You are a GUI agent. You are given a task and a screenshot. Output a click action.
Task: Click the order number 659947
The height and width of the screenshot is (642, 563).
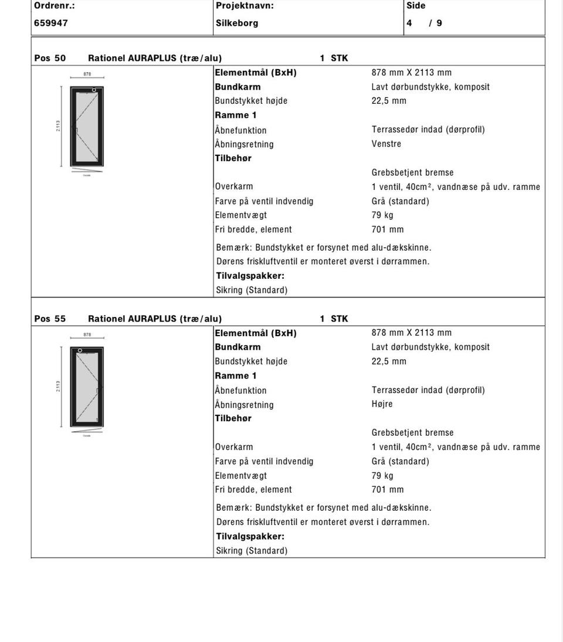point(51,23)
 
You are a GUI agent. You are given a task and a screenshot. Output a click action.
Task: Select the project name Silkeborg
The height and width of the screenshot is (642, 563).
point(237,23)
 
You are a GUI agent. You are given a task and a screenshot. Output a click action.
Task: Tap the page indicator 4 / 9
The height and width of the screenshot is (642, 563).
point(424,23)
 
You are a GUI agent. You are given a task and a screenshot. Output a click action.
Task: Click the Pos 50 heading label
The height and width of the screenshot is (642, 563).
point(50,58)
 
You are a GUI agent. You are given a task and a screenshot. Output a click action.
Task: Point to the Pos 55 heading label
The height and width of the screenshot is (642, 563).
point(50,319)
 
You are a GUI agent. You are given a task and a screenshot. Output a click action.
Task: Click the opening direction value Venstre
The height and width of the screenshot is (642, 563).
point(386,144)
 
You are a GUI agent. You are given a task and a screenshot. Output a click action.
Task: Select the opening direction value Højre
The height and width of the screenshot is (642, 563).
point(382,404)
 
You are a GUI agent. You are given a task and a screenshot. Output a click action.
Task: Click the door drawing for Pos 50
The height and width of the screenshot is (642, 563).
point(87,127)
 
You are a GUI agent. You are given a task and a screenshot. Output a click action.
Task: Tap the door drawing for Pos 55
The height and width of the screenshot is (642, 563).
point(87,387)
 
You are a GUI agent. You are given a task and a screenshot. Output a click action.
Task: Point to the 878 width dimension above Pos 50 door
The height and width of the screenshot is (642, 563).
point(87,74)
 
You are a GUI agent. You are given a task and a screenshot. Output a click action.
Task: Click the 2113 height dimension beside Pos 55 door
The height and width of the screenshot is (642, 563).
point(58,387)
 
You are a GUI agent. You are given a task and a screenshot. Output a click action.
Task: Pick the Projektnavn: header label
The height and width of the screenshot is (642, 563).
point(245,6)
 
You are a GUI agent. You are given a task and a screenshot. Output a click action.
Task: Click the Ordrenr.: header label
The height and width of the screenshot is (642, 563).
point(55,6)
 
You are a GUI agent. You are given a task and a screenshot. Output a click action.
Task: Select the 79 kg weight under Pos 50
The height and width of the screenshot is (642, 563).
point(382,215)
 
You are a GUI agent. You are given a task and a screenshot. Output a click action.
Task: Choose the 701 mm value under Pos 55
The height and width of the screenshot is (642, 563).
point(388,490)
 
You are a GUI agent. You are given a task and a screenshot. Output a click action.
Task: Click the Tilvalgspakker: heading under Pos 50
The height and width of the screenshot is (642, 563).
point(250,276)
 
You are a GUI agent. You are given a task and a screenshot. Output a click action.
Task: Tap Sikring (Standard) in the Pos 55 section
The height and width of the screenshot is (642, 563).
point(252,551)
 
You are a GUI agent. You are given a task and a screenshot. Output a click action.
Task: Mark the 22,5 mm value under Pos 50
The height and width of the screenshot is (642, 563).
point(389,101)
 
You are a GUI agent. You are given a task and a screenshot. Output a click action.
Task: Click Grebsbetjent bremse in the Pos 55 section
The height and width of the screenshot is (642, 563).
point(413,433)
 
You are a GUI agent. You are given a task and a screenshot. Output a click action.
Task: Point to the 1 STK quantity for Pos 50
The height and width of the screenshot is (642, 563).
point(334,58)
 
